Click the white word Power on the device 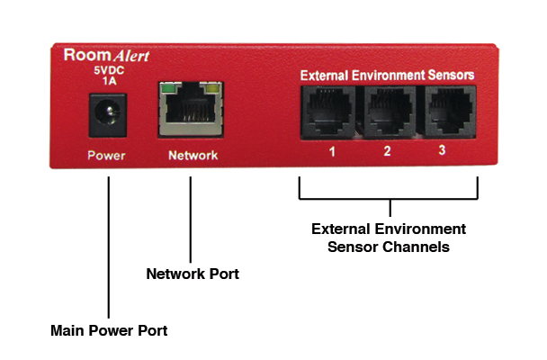[106, 156]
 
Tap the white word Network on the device [193, 156]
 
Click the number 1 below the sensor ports [331, 151]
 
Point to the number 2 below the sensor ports [387, 151]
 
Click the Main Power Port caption [108, 330]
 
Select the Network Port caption [193, 273]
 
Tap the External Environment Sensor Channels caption [388, 237]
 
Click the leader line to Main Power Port [108, 243]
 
